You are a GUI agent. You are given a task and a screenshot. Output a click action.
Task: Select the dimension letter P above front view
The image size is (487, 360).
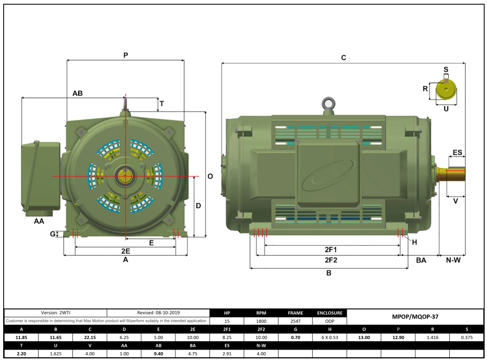tap(126, 54)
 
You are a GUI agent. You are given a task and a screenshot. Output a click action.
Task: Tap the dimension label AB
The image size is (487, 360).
tap(78, 93)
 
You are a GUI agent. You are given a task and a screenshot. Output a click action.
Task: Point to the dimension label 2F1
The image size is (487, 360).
tap(330, 249)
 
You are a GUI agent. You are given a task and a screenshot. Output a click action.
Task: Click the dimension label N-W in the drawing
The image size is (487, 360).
tap(453, 260)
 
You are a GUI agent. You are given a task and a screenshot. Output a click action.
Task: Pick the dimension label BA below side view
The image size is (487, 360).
tap(421, 260)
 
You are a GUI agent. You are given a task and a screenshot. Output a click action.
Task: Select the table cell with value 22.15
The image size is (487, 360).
tap(90, 337)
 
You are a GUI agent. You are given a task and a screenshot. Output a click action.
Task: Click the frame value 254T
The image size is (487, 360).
tap(295, 321)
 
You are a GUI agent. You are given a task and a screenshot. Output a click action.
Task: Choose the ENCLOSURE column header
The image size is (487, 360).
tap(330, 313)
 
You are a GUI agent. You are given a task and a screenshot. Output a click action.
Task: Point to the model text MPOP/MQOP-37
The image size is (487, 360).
tap(415, 317)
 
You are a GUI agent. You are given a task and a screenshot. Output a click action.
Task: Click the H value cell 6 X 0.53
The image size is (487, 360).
tap(330, 337)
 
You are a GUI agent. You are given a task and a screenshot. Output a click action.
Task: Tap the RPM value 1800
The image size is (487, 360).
tap(261, 321)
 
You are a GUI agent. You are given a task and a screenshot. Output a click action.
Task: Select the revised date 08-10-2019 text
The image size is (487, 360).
tap(158, 312)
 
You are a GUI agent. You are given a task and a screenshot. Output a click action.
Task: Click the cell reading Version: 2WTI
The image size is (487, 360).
tap(56, 312)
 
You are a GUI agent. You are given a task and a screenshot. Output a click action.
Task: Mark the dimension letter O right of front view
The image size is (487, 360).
tap(210, 177)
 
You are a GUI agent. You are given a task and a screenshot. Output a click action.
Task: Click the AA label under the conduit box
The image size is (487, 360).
tap(39, 222)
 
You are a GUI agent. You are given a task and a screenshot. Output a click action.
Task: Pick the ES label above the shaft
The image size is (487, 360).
tap(457, 152)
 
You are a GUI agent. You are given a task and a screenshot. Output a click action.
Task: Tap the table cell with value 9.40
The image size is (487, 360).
tap(158, 354)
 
